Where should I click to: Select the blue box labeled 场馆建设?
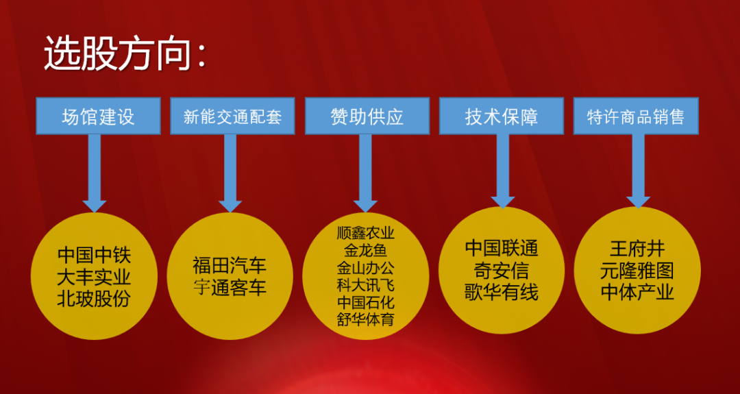click(98, 116)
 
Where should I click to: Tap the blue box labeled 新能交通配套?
click(232, 116)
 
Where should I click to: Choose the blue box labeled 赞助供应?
click(367, 116)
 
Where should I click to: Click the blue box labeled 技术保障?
click(501, 116)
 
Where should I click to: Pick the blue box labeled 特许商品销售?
click(636, 116)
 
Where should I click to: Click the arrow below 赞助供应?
click(365, 173)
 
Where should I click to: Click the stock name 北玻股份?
click(93, 299)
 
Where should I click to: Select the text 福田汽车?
click(230, 265)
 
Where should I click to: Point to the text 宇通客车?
click(230, 286)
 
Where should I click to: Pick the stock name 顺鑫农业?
click(366, 233)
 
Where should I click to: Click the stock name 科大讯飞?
click(366, 285)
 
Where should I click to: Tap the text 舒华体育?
click(366, 319)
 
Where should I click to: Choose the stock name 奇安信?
click(502, 271)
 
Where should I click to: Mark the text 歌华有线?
click(502, 292)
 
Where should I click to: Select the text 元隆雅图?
click(637, 271)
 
